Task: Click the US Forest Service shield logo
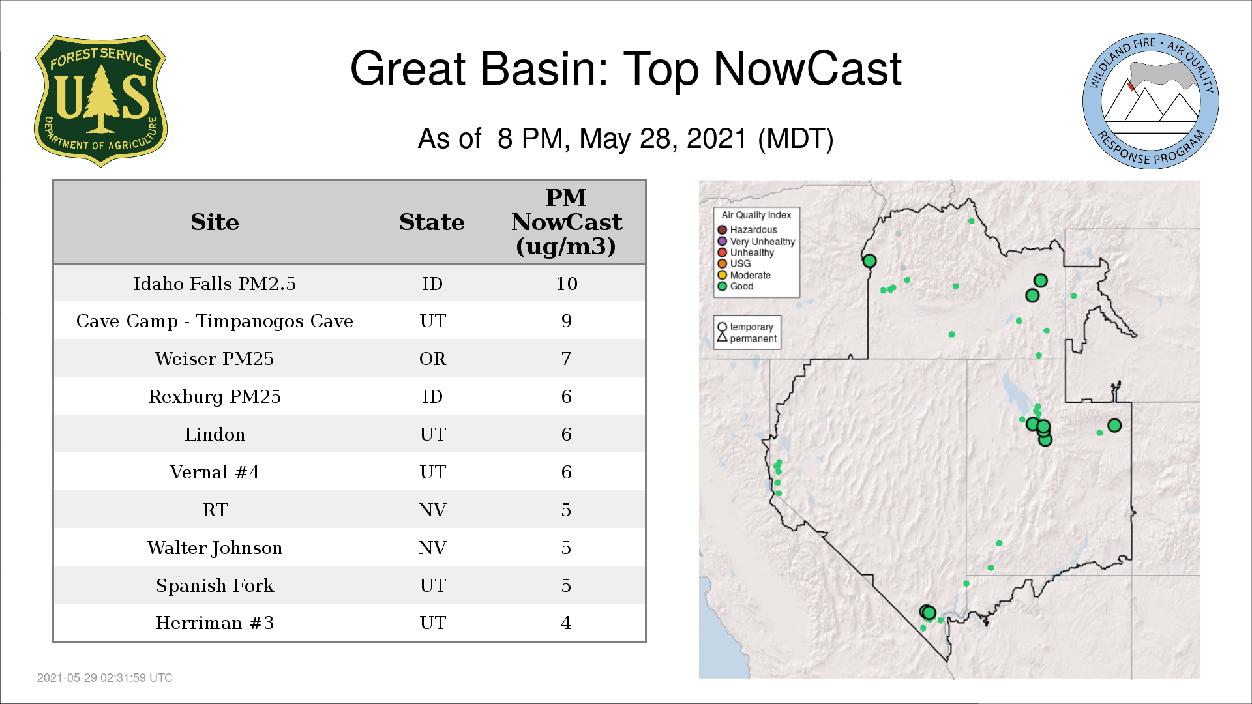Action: pos(100,101)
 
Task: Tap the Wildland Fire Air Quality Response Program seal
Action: pos(1151,101)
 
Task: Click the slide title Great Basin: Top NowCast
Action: pos(625,68)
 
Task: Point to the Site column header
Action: pos(215,222)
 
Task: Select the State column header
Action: pos(432,222)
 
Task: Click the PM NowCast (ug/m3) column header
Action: pos(566,222)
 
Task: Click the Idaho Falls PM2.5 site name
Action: pos(215,284)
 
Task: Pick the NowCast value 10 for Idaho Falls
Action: pos(567,284)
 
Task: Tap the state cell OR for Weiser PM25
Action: pos(432,359)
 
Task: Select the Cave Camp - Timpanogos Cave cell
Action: pos(215,321)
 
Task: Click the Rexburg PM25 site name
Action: pos(215,396)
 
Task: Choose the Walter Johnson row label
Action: pos(215,548)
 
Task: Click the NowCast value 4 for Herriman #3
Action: pos(566,623)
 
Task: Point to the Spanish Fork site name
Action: pos(215,585)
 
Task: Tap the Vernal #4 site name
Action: pos(215,472)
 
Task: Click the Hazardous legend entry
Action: pos(747,230)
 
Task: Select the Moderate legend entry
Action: pos(744,275)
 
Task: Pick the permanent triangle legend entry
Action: pos(747,338)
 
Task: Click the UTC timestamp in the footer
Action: pos(105,678)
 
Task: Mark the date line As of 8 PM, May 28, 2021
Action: pos(625,139)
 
